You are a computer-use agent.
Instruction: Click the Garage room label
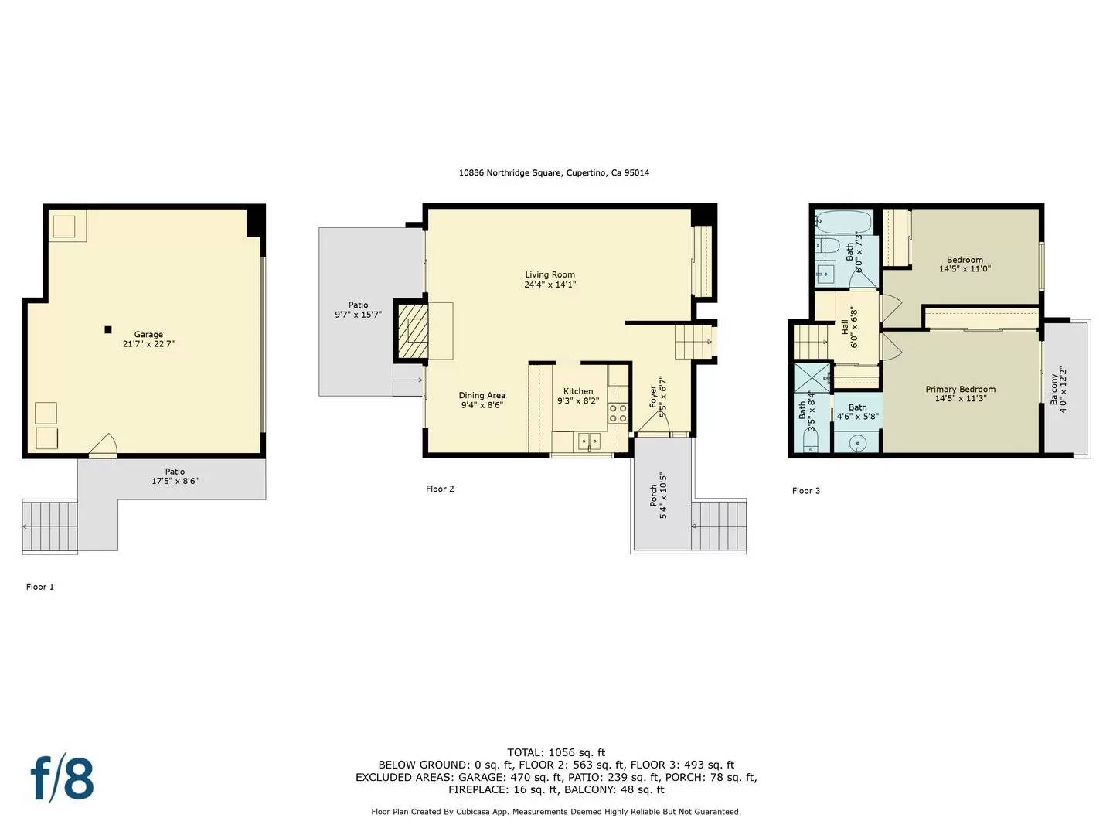pyautogui.click(x=148, y=335)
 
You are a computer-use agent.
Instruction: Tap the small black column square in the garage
pyautogui.click(x=108, y=330)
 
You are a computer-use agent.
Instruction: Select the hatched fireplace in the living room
pyautogui.click(x=413, y=331)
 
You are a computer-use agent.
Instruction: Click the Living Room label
pyautogui.click(x=550, y=274)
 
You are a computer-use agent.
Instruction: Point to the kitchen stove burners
pyautogui.click(x=618, y=413)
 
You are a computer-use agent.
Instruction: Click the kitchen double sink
pyautogui.click(x=589, y=441)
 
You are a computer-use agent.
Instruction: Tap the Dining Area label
pyautogui.click(x=482, y=395)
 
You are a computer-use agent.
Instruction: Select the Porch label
pyautogui.click(x=653, y=496)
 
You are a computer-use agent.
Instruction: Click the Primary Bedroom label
pyautogui.click(x=960, y=389)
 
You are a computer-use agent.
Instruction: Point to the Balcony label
pyautogui.click(x=1054, y=390)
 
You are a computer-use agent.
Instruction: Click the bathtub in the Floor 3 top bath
pyautogui.click(x=843, y=223)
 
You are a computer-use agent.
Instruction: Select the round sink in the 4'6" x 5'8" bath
pyautogui.click(x=856, y=443)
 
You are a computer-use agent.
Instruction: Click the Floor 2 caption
pyautogui.click(x=440, y=489)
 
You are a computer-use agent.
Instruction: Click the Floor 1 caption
pyautogui.click(x=40, y=587)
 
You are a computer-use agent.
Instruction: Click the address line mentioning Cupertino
pyautogui.click(x=553, y=173)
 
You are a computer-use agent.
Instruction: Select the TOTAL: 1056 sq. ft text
pyautogui.click(x=556, y=752)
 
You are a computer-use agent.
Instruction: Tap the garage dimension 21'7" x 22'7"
pyautogui.click(x=148, y=344)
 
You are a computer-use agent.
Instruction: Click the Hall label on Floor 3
pyautogui.click(x=845, y=328)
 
